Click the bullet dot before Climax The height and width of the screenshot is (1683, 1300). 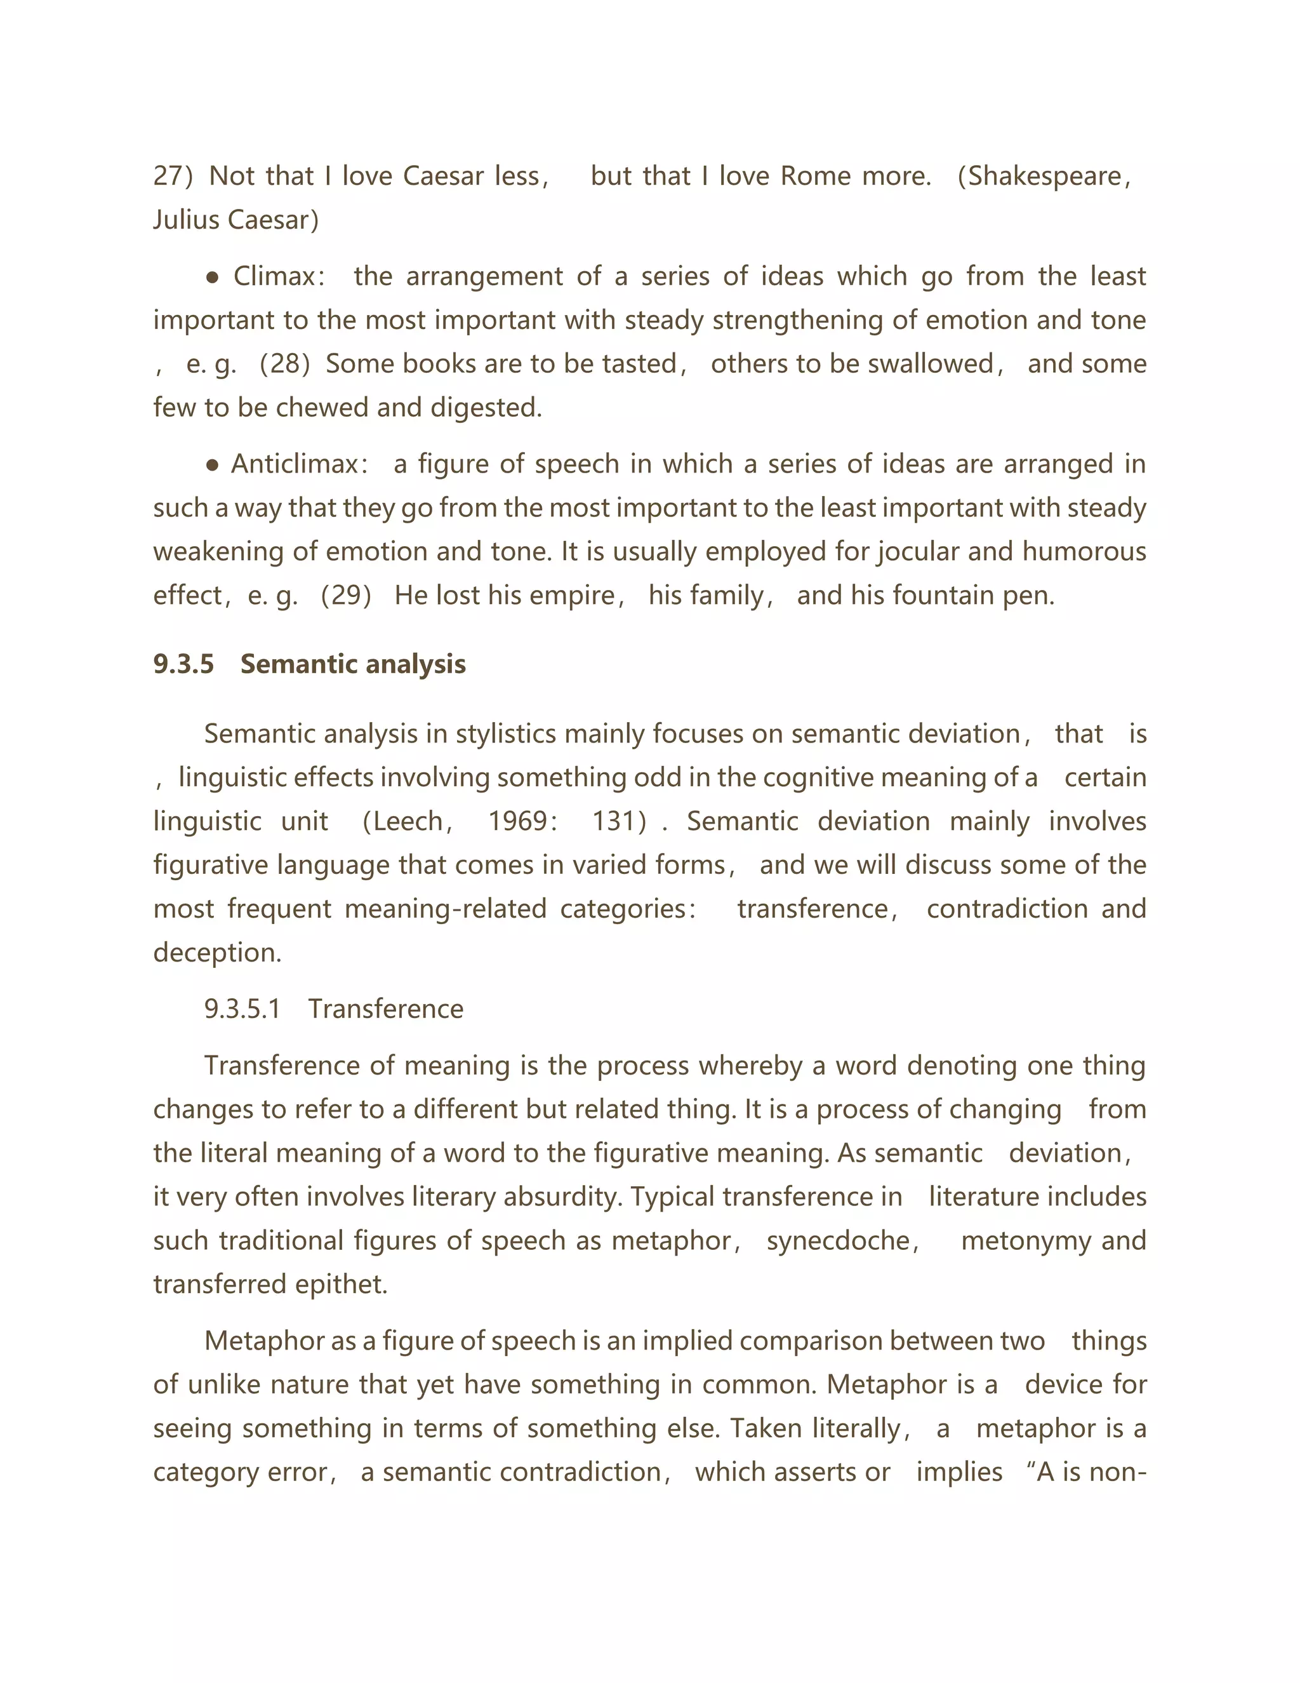tap(214, 278)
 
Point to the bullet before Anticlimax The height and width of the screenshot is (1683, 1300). tap(214, 466)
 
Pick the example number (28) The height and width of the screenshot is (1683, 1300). tap(284, 364)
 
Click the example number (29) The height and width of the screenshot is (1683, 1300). tap(346, 596)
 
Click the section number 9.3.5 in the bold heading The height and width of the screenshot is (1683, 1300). tap(183, 664)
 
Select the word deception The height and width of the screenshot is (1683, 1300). tap(216, 953)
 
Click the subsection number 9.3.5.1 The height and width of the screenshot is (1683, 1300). tap(242, 1010)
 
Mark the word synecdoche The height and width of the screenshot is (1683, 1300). tap(838, 1242)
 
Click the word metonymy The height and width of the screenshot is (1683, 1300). tap(1026, 1242)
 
